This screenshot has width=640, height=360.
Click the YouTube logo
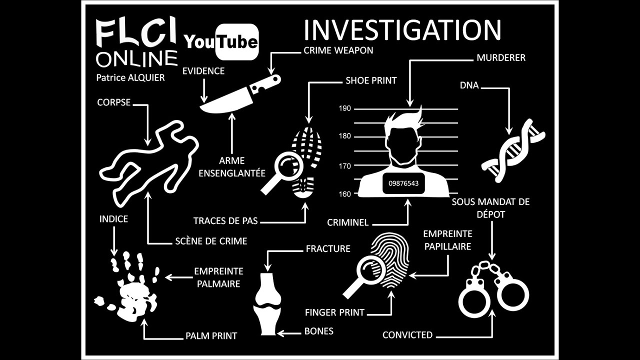(x=221, y=42)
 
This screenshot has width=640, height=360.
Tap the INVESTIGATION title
(x=402, y=30)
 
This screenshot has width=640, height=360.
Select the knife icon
(x=240, y=95)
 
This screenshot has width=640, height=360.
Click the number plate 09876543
(x=403, y=183)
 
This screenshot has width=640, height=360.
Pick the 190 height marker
(x=345, y=108)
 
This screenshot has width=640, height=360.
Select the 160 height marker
(x=345, y=194)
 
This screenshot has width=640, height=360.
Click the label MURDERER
(x=501, y=58)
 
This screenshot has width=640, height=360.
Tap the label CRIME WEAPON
(x=338, y=50)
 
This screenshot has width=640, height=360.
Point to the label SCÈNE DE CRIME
(x=211, y=241)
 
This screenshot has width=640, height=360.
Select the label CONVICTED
(x=407, y=335)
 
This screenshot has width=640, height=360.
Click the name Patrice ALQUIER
(x=130, y=77)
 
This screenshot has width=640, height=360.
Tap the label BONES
(x=318, y=331)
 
